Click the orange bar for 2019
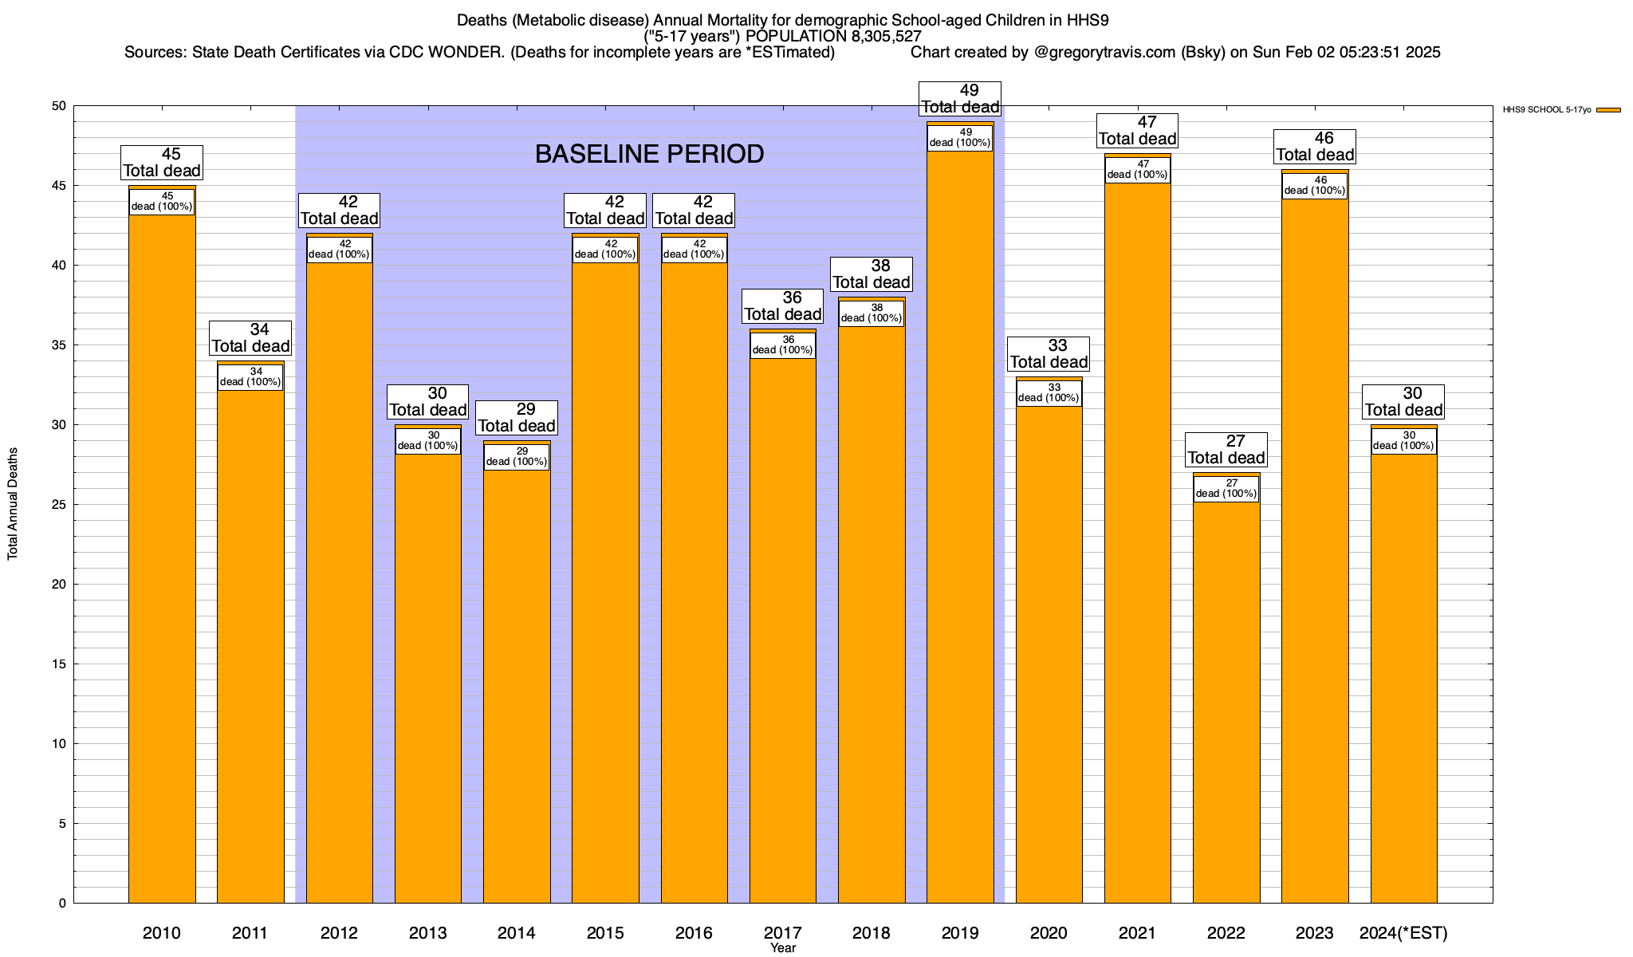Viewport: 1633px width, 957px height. [x=960, y=526]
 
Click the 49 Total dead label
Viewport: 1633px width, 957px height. [x=960, y=99]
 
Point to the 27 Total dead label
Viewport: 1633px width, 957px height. [x=1226, y=450]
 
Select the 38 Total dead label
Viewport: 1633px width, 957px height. [x=872, y=274]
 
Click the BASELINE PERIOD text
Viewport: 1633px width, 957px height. [x=649, y=154]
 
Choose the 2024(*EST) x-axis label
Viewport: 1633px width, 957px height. [x=1403, y=933]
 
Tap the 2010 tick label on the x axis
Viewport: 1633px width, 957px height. [x=162, y=933]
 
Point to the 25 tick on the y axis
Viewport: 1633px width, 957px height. [x=61, y=505]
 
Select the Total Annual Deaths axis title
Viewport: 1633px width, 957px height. [x=13, y=503]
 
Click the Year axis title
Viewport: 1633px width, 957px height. [x=783, y=948]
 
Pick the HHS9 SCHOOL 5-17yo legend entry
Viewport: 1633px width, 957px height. [x=1547, y=110]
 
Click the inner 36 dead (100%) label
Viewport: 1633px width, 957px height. [x=783, y=345]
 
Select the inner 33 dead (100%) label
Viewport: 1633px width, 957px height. [x=1049, y=393]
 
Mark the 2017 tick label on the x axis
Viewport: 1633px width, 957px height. [x=783, y=933]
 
